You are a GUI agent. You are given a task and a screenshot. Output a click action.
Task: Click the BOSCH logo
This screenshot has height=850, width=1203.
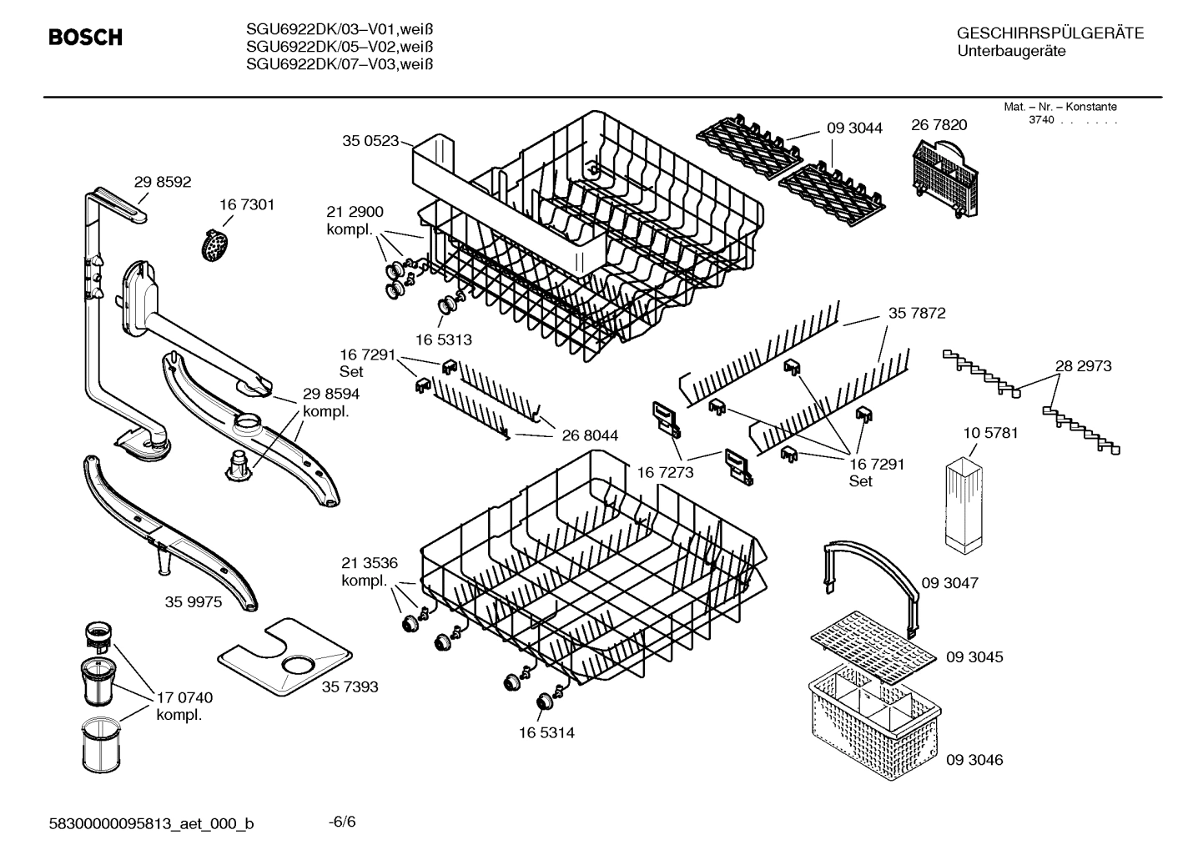click(85, 38)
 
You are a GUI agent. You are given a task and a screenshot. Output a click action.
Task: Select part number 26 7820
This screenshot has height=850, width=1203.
click(939, 125)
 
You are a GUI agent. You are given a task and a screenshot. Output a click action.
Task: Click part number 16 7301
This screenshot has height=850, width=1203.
click(246, 204)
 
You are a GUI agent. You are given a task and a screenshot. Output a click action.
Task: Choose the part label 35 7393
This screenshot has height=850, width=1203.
click(350, 687)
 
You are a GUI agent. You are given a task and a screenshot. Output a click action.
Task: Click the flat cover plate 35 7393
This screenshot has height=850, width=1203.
click(283, 657)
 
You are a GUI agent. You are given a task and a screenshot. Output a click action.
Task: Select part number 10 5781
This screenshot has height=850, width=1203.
click(990, 433)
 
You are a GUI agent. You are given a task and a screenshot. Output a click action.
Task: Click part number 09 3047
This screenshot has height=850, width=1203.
click(949, 582)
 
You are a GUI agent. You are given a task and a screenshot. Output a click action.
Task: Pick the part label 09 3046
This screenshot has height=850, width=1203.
click(974, 760)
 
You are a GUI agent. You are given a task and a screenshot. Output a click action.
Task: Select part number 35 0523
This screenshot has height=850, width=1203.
click(370, 141)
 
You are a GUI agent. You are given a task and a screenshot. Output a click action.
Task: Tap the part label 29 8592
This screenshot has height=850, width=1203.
click(163, 182)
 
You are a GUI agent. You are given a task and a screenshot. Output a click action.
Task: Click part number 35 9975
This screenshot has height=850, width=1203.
click(194, 601)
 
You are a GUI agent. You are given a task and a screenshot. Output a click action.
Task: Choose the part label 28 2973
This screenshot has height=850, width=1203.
click(1083, 365)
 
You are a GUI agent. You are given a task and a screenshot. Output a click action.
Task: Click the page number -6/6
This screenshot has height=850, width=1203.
click(342, 822)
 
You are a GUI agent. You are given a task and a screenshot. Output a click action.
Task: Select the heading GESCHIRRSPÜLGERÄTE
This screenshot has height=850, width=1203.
click(1049, 33)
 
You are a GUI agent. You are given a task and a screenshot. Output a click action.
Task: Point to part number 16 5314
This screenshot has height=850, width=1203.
click(546, 732)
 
